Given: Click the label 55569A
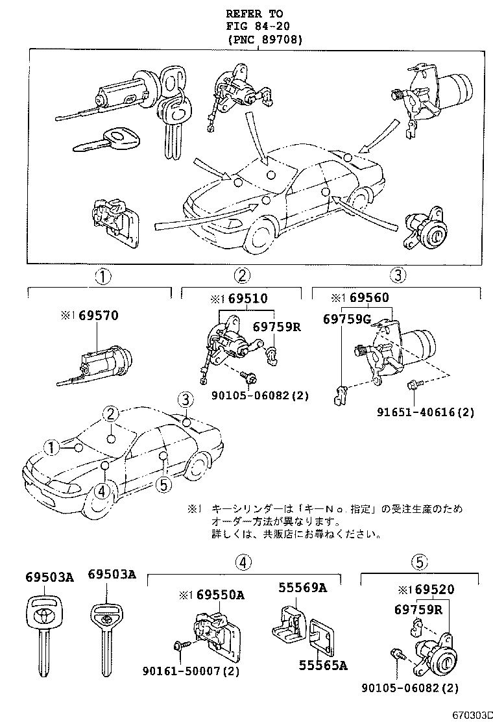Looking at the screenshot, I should [x=302, y=588].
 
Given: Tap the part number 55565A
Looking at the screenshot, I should [x=323, y=665].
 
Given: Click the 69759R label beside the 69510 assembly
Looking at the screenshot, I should [x=277, y=327].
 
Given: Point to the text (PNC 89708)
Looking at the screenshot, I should [x=265, y=40].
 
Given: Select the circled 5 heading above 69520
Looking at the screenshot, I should [x=420, y=561].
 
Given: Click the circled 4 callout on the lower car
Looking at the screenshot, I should [x=101, y=492].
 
